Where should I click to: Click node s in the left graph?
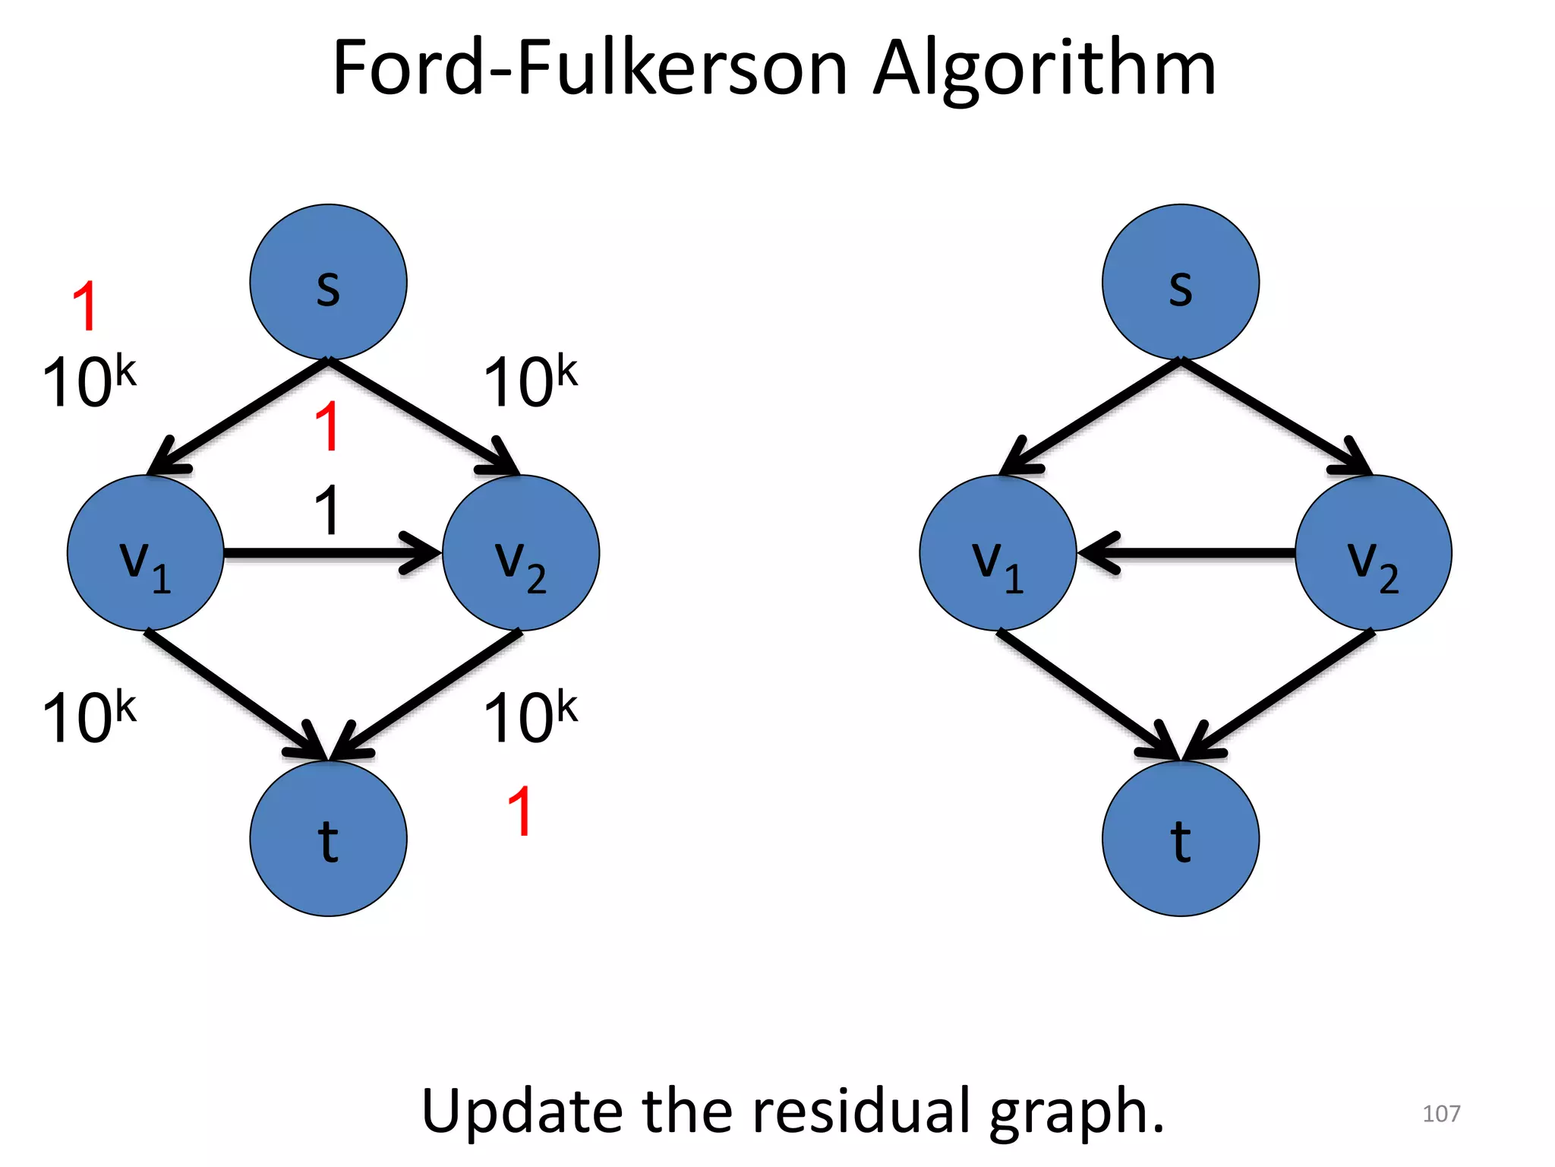tap(328, 283)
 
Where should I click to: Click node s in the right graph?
tap(1180, 283)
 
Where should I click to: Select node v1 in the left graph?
tap(146, 553)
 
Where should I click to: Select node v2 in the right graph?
tap(1373, 553)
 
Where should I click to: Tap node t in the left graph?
tap(328, 839)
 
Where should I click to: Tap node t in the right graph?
tap(1180, 839)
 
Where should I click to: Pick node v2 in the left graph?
tap(521, 553)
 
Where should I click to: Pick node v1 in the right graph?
tap(998, 553)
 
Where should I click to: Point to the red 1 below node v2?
tap(520, 811)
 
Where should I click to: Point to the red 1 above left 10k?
tap(85, 305)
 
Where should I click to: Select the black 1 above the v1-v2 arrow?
tap(327, 511)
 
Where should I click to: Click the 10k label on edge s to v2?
tap(530, 381)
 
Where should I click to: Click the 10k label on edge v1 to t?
tap(89, 717)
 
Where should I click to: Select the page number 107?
tap(1440, 1114)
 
